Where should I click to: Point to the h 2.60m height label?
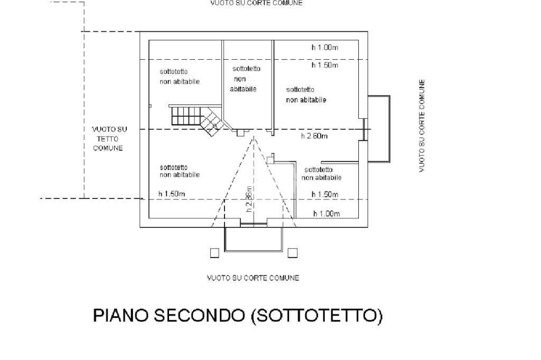[x=314, y=136]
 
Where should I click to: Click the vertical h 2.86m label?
[x=249, y=199]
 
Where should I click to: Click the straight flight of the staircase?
[x=185, y=116]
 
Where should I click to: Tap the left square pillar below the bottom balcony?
[x=214, y=253]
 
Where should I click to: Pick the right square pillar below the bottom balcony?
[x=292, y=253]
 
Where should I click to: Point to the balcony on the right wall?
[x=379, y=129]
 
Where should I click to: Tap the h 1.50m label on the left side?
[x=172, y=194]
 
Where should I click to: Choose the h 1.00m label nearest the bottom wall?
[x=326, y=214]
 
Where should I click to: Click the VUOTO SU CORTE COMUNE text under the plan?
[x=253, y=278]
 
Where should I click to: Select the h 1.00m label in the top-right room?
[x=324, y=48]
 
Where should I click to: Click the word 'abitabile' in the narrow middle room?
[x=243, y=89]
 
